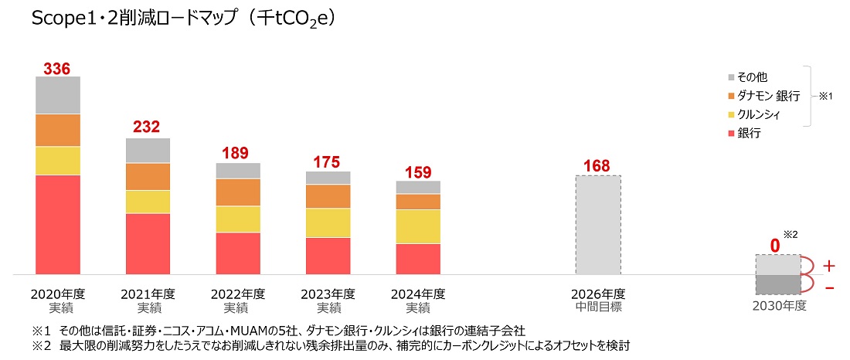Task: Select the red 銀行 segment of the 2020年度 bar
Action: coord(58,225)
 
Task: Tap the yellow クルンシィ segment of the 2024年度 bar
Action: coord(418,226)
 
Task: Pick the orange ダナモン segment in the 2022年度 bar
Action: coord(238,192)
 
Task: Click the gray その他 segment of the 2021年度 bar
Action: coord(148,151)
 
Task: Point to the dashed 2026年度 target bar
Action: coord(597,225)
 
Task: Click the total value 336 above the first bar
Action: coord(57,68)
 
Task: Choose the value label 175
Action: coord(328,162)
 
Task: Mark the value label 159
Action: coord(418,172)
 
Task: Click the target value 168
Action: coord(597,165)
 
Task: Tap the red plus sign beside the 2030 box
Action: coord(828,266)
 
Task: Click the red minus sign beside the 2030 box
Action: coord(828,287)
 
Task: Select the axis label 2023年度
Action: coord(328,294)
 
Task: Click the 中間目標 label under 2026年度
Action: coord(597,307)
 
